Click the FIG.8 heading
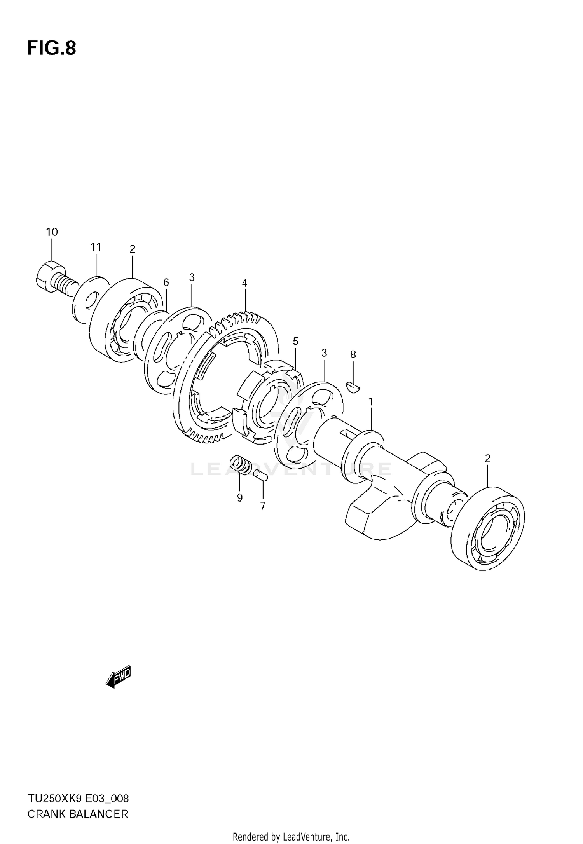tap(51, 49)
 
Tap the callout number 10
tap(52, 232)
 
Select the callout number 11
tap(96, 247)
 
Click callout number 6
tap(166, 282)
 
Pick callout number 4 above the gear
tap(244, 283)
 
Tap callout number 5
tap(295, 342)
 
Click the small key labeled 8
tap(353, 387)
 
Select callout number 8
tap(353, 354)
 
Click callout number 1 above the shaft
tap(371, 402)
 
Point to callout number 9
tap(239, 498)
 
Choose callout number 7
tap(263, 506)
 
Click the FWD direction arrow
tap(119, 678)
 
